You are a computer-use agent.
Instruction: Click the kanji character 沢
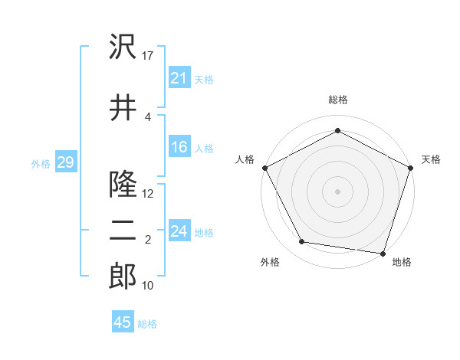(123, 47)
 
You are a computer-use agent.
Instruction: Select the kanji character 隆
(123, 184)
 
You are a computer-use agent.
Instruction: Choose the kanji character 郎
(123, 277)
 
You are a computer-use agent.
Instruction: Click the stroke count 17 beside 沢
(149, 55)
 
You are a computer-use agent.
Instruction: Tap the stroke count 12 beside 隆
(149, 193)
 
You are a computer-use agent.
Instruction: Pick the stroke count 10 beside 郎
(149, 286)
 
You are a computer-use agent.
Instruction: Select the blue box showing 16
(179, 147)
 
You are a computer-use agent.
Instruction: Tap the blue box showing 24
(179, 231)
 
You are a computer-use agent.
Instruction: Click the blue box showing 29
(65, 162)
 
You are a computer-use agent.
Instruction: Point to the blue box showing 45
(123, 322)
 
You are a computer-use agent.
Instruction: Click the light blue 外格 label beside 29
(41, 163)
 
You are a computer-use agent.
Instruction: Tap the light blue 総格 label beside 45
(147, 324)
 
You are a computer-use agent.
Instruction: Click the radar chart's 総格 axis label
(337, 100)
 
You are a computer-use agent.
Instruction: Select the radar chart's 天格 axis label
(431, 159)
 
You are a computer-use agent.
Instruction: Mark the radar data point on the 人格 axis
(265, 167)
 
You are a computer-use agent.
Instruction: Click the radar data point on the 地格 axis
(383, 253)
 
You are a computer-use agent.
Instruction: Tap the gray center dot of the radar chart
(337, 191)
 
